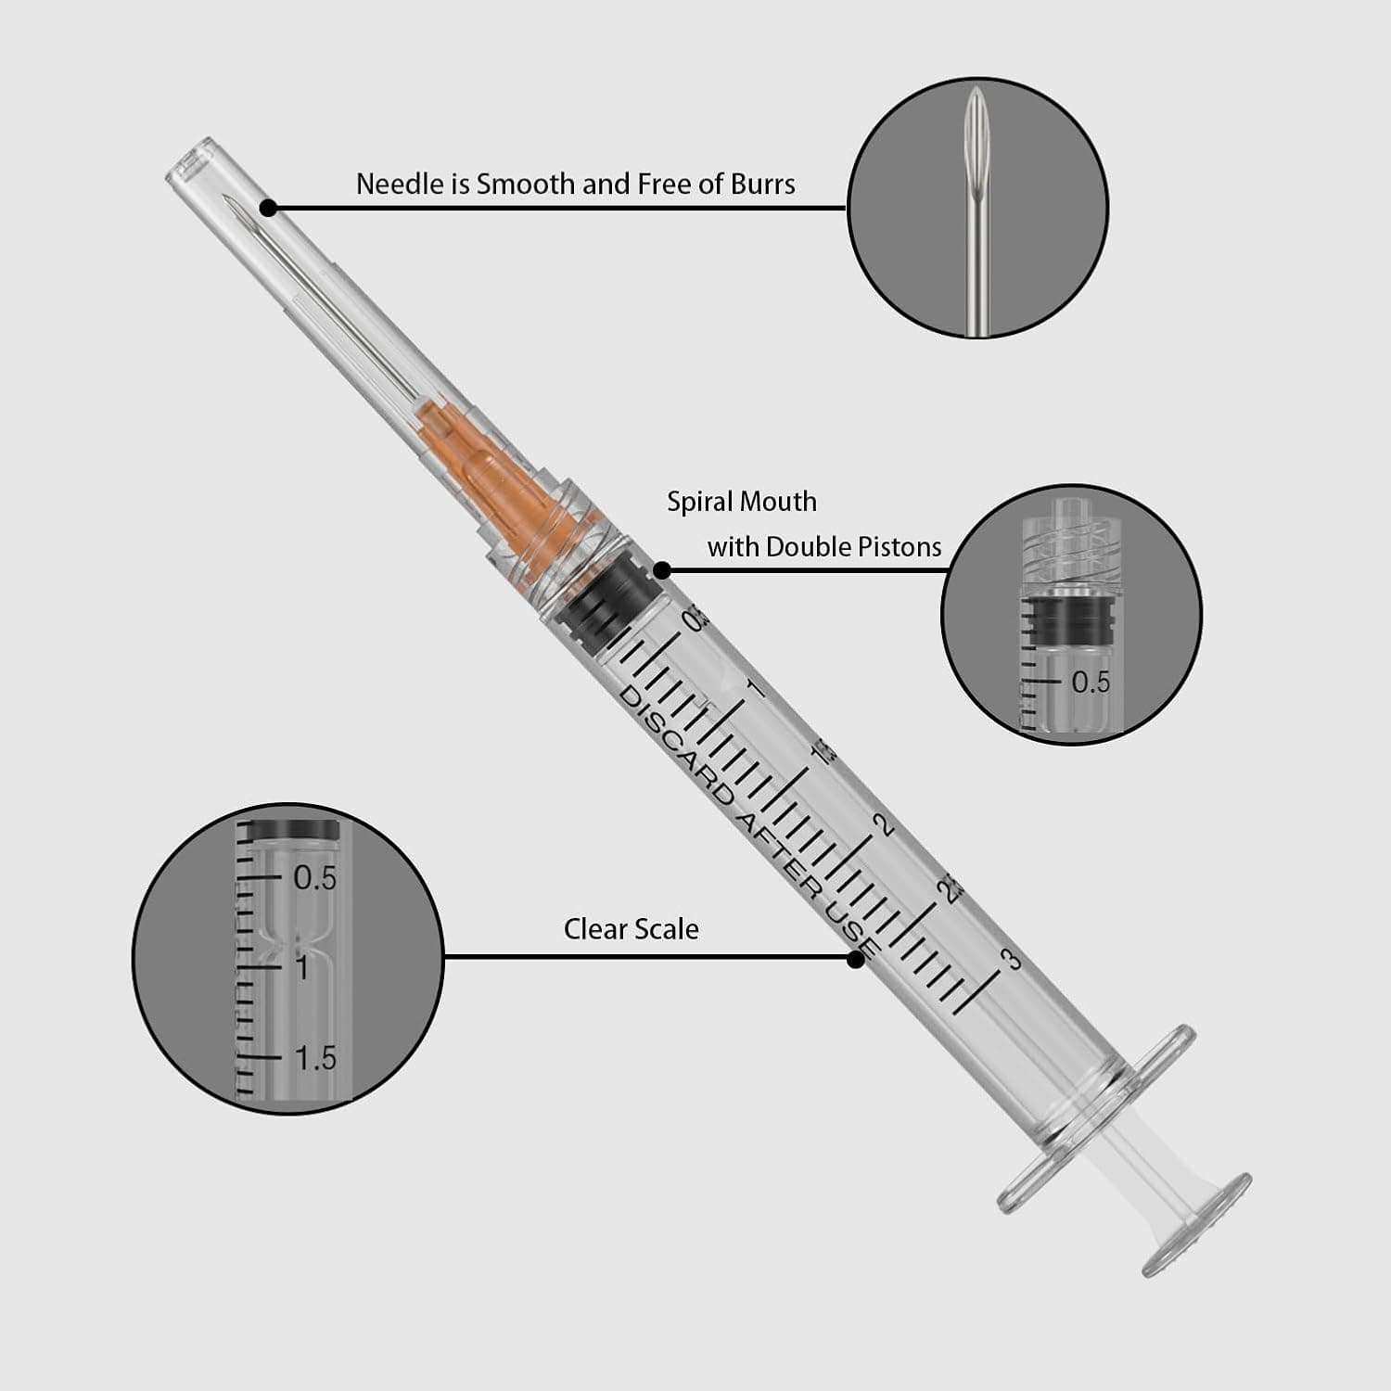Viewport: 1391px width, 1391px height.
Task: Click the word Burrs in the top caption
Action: point(762,185)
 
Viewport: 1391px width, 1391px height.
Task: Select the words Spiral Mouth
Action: point(742,502)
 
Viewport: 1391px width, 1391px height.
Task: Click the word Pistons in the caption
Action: point(899,547)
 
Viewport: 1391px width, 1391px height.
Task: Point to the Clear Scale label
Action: point(631,929)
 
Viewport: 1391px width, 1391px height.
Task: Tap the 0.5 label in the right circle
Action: point(1091,683)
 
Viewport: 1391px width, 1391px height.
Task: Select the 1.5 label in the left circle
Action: point(315,1058)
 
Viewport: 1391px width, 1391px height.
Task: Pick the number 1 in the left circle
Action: point(302,967)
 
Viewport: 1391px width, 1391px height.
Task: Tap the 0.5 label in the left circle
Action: point(315,878)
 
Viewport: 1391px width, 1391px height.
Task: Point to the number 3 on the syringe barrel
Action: point(1012,959)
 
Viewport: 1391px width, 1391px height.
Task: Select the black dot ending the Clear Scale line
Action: point(855,959)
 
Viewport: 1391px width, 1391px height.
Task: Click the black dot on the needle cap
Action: point(268,207)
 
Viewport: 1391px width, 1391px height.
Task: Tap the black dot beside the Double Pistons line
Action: point(662,570)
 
